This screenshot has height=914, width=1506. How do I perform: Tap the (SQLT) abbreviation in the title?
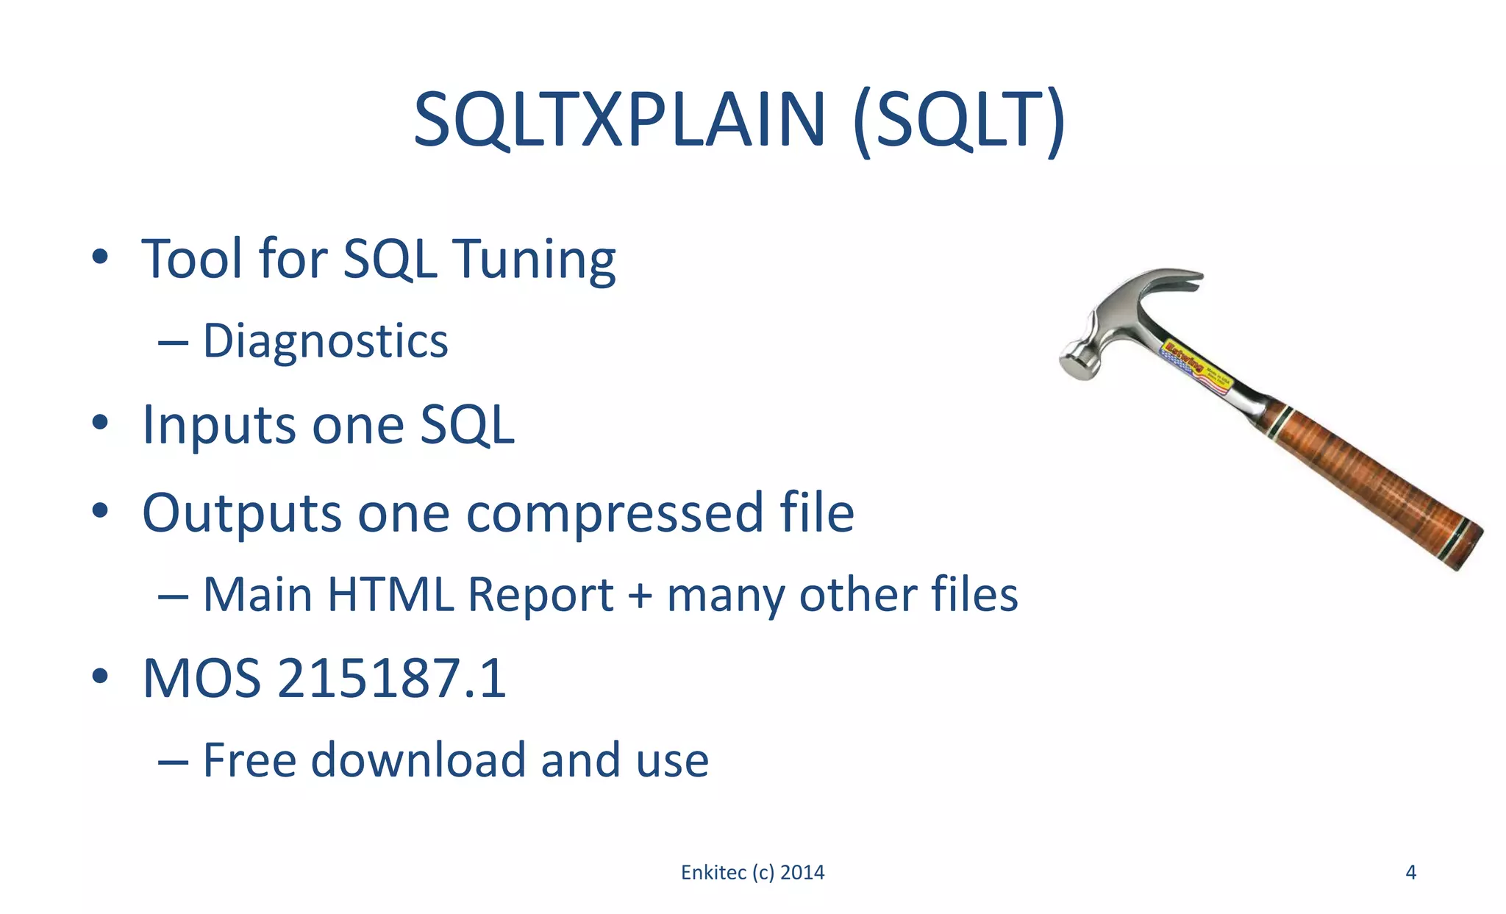[959, 121]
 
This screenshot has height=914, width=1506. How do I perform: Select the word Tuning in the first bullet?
[535, 260]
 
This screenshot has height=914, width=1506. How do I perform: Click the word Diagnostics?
[325, 342]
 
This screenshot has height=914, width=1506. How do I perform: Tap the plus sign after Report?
[640, 596]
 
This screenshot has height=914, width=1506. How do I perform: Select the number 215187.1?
[392, 678]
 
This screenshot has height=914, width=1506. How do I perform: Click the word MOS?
[201, 678]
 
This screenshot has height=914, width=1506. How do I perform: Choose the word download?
[418, 760]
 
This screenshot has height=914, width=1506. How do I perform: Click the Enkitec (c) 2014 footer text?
[752, 873]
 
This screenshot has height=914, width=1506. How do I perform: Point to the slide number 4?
[1410, 873]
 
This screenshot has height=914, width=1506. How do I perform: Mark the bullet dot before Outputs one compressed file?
[101, 510]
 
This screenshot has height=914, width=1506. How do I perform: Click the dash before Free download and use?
[173, 762]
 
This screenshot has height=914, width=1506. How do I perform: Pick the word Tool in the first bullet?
[193, 260]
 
